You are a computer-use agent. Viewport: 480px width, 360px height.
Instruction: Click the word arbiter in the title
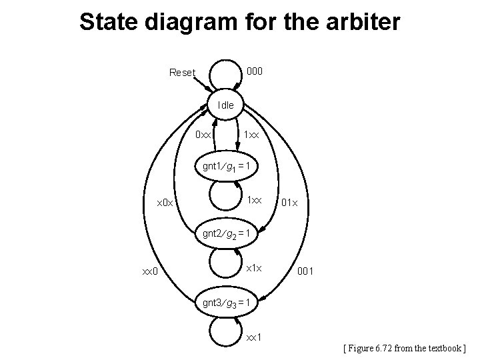coord(363,22)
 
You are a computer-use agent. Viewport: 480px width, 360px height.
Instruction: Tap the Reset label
coord(182,73)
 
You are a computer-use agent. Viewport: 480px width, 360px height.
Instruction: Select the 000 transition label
coord(254,70)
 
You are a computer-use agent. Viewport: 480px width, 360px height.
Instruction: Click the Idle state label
coord(226,105)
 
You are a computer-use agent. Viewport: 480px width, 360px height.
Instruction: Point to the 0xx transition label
coord(203,135)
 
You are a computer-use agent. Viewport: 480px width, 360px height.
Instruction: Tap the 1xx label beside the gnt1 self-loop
coord(255,200)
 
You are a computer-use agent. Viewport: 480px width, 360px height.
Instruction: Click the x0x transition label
coord(164,202)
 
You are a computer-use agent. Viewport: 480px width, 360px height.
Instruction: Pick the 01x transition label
coord(290,202)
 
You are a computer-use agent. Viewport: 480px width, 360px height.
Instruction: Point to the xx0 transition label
coord(150,271)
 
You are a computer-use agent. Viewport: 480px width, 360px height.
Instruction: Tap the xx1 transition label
coord(254,337)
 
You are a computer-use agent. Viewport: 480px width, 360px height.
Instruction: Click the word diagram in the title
coord(190,22)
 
